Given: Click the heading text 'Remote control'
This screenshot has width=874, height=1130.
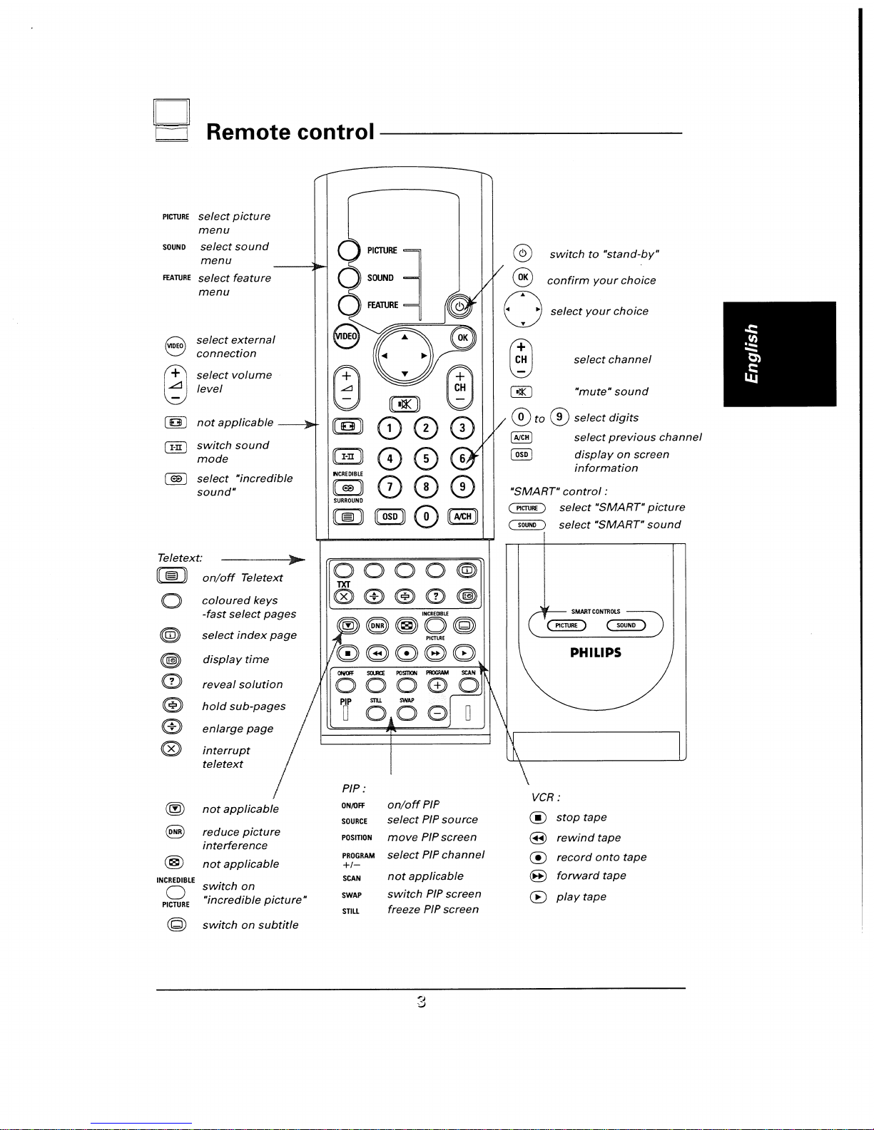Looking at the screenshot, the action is click(290, 132).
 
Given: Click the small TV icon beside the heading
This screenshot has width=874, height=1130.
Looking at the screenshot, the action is click(172, 120).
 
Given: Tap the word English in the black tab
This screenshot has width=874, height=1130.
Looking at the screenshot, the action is click(752, 354).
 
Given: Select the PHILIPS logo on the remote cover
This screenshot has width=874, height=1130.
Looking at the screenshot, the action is click(596, 652).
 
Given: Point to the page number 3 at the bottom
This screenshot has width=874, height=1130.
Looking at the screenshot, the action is click(422, 1002).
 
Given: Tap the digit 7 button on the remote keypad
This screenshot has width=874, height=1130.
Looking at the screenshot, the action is click(390, 487).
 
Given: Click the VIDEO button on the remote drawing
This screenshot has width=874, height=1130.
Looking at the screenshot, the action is click(346, 337).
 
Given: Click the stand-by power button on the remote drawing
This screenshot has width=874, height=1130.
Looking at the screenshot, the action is click(459, 307).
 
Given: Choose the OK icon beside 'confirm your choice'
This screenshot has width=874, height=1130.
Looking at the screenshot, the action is click(523, 277).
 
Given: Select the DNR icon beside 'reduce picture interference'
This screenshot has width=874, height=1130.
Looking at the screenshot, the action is click(175, 831).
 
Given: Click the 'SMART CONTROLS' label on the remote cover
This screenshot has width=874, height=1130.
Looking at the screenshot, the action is click(596, 612).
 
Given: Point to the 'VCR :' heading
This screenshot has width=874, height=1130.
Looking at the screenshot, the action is click(546, 797).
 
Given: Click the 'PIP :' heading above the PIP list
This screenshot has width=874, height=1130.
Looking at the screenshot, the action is click(354, 789).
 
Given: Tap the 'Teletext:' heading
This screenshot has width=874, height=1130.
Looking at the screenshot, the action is click(180, 558).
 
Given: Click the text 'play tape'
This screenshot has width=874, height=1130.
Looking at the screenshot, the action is click(581, 896).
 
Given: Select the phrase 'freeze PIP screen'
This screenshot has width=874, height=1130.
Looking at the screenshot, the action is click(433, 909).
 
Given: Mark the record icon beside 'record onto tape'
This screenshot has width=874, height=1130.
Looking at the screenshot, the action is click(538, 858).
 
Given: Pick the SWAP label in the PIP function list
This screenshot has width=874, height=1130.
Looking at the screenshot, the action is click(352, 895).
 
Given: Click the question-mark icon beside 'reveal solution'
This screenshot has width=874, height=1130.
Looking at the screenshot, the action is click(172, 682).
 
